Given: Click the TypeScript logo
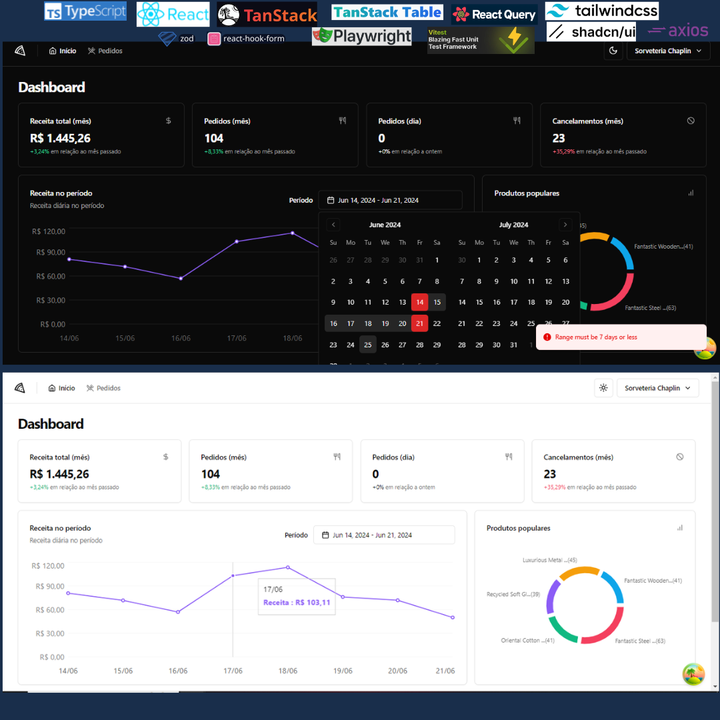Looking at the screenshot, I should tap(85, 11).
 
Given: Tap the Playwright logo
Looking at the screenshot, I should tap(361, 36).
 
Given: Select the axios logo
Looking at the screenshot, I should tap(678, 31).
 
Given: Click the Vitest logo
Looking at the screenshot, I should tap(480, 40).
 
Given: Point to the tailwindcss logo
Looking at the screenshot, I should tap(601, 11).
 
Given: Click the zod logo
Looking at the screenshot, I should tap(176, 39).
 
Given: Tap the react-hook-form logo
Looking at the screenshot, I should tap(246, 39).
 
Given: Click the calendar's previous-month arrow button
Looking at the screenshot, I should tap(334, 225).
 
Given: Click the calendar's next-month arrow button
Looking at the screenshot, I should tap(565, 225).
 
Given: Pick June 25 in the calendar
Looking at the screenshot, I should tap(368, 345).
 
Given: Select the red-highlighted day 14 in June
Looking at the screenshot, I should tap(419, 302).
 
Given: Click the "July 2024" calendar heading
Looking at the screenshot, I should tap(513, 225).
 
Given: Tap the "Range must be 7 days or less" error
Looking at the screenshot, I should tap(596, 337).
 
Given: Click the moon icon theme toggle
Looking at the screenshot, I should tap(613, 51).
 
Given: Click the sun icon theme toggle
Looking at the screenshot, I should tap(603, 388).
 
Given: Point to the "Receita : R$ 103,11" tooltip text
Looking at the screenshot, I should tap(297, 603).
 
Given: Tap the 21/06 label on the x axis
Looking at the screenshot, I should tap(445, 671).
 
